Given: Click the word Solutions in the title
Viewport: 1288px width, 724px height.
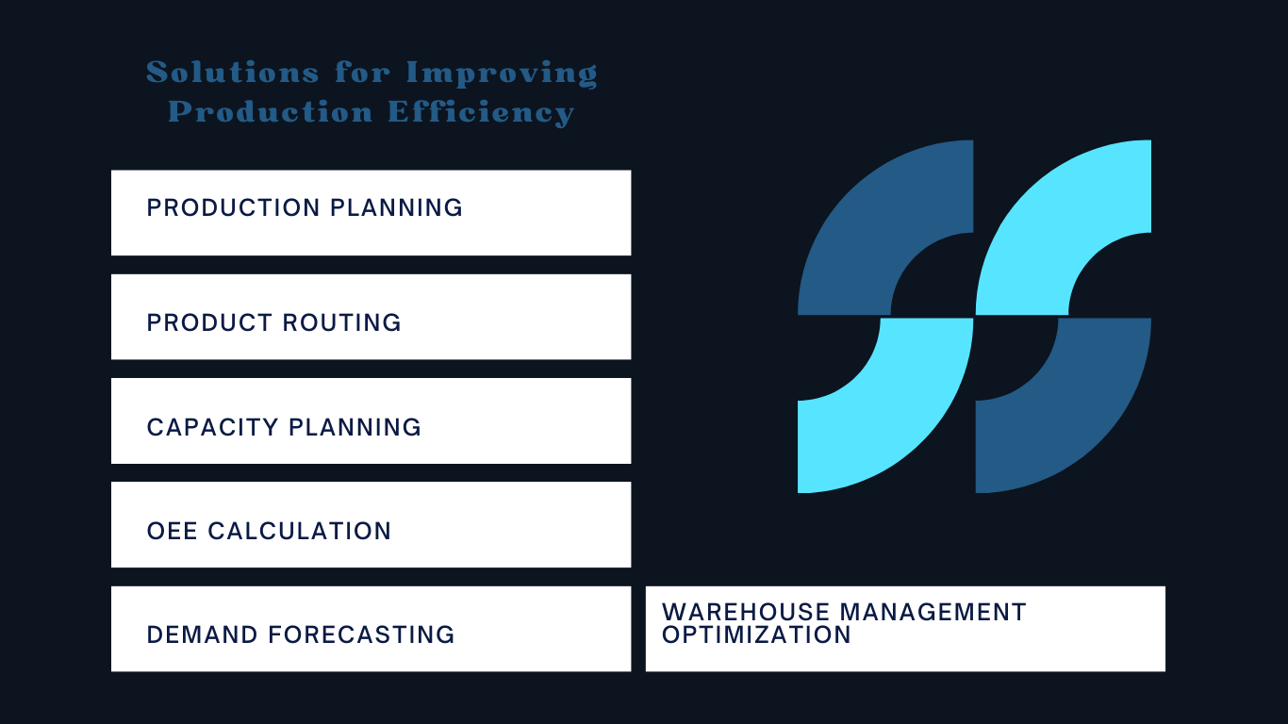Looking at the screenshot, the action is (x=232, y=73).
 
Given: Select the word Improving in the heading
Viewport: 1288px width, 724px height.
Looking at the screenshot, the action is (x=502, y=74).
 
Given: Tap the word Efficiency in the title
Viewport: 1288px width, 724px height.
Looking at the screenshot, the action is (x=481, y=112).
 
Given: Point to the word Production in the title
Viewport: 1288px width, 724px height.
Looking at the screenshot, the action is (x=271, y=111).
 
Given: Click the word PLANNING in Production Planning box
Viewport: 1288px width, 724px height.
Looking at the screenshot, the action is (x=396, y=207).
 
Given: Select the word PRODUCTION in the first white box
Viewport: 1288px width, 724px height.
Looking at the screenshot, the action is (x=233, y=207).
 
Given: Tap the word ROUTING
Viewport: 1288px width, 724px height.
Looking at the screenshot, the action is (x=341, y=322).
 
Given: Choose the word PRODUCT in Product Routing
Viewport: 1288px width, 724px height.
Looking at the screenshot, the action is (x=209, y=322).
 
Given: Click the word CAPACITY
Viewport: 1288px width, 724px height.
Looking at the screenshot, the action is (x=212, y=427).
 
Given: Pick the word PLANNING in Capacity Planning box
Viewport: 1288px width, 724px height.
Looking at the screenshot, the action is (x=355, y=427).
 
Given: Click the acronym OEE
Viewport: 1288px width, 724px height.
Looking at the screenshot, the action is (x=173, y=531).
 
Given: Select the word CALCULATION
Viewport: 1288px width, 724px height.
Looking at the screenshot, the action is (x=300, y=531).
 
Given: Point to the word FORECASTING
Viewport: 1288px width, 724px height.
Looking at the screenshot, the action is (x=361, y=634).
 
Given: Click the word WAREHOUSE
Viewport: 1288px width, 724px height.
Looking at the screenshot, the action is (x=746, y=612).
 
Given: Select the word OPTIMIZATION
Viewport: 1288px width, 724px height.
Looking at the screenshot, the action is (x=756, y=634).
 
